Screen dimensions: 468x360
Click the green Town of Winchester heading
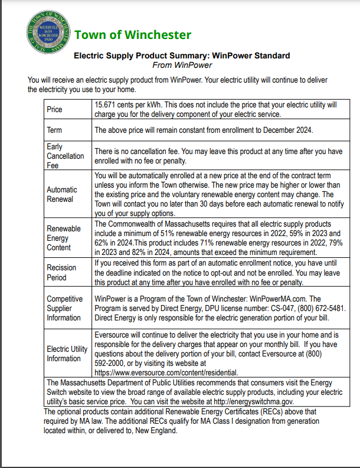(x=132, y=34)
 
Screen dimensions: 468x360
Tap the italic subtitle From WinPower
(x=181, y=65)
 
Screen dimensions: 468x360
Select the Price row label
(x=55, y=110)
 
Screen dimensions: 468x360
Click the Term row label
(x=54, y=130)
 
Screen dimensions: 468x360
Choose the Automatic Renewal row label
(x=62, y=194)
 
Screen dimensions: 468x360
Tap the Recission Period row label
(x=61, y=272)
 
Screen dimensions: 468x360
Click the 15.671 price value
(x=107, y=104)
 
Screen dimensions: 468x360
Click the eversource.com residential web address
(x=166, y=372)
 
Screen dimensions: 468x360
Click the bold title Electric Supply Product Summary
(x=137, y=55)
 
